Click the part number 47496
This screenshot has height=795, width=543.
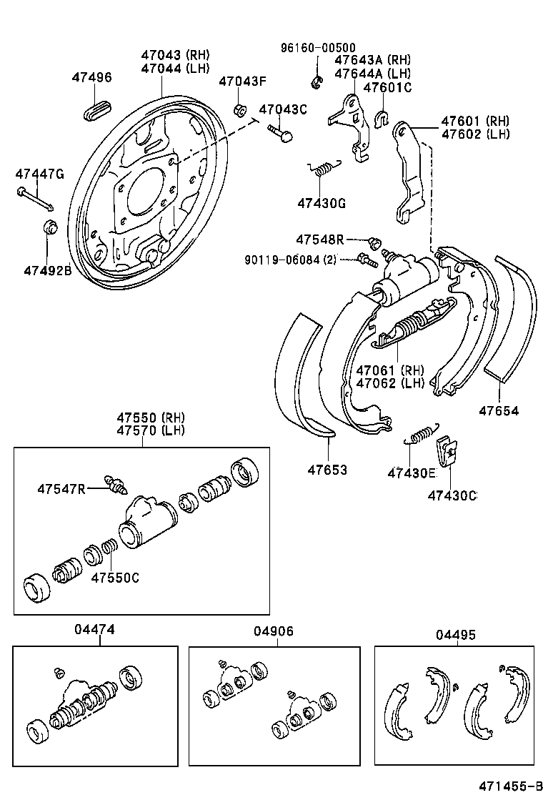pos(91,77)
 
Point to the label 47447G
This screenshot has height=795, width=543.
pos(40,174)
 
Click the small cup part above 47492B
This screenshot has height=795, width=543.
pos(51,228)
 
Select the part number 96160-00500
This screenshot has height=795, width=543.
pos(317,48)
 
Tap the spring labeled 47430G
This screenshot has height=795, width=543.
pos(323,169)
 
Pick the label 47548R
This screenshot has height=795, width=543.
pos(320,238)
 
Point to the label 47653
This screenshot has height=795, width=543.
pos(327,470)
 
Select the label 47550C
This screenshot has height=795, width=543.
pos(114,577)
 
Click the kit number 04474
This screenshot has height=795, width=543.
pos(94,630)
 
